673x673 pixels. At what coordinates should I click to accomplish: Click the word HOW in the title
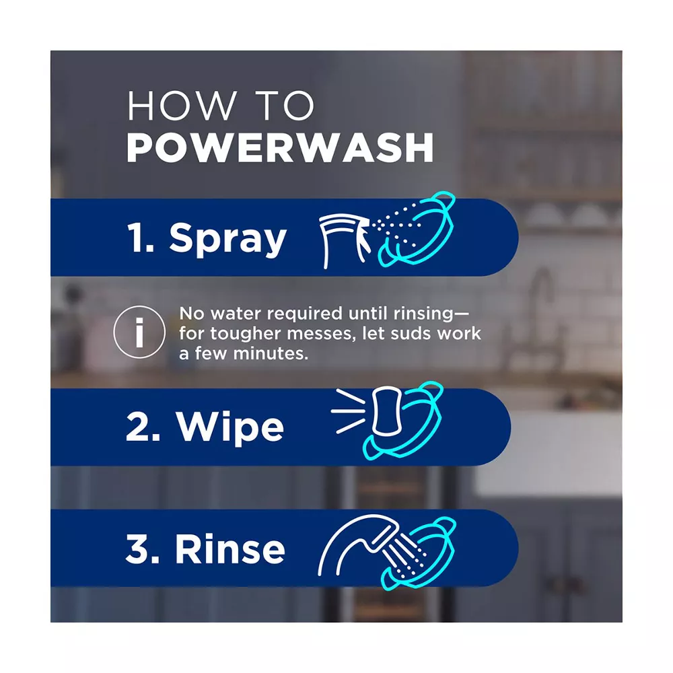181,106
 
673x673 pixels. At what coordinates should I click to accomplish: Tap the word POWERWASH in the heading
280,147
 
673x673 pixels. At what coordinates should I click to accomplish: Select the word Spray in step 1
227,239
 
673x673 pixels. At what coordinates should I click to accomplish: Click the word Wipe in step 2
229,427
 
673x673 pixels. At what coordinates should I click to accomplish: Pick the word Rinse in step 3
230,549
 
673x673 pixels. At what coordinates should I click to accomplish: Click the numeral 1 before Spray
137,238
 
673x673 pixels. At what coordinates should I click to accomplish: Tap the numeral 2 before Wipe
138,426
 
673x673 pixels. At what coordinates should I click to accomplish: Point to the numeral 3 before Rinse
138,549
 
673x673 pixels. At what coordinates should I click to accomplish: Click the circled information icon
139,332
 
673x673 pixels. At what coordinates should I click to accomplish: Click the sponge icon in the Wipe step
387,411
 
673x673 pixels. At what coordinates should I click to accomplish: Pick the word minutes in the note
271,353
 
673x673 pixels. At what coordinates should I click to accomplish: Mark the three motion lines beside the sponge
349,411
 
